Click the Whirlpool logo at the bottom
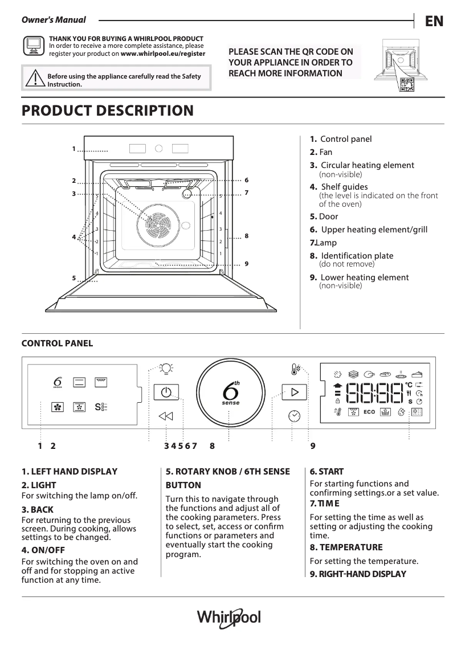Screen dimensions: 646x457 pos(228,618)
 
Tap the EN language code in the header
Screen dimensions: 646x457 pos(434,21)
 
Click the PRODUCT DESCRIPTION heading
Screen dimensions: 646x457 pos(107,111)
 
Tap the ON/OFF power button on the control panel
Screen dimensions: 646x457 pos(165,393)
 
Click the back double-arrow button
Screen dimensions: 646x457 pos(165,416)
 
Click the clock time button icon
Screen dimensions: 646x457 pos(295,415)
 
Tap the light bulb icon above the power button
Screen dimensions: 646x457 pos(166,369)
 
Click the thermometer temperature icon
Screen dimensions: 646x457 pos(295,369)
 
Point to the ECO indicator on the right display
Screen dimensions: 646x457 pos(369,411)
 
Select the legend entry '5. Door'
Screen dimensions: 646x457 pos(324,216)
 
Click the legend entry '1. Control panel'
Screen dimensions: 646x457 pos(340,139)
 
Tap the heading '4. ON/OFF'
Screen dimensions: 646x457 pos(43,550)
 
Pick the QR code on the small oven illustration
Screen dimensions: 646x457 pos(406,83)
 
